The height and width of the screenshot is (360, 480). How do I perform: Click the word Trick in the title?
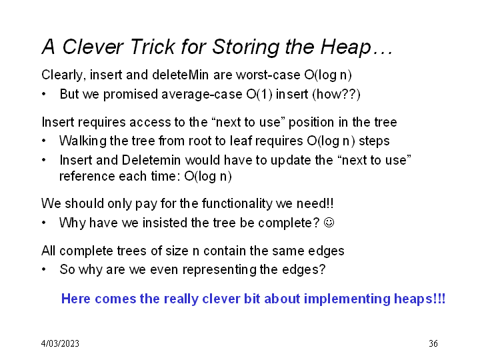point(153,47)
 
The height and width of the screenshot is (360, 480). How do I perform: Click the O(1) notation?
point(259,94)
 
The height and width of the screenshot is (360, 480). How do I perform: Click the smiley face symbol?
point(329,222)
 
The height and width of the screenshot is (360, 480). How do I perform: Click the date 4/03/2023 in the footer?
point(60,343)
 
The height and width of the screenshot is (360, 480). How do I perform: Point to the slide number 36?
point(433,343)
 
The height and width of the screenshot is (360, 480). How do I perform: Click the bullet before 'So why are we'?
point(44,269)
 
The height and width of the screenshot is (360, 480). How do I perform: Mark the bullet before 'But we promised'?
point(44,94)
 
